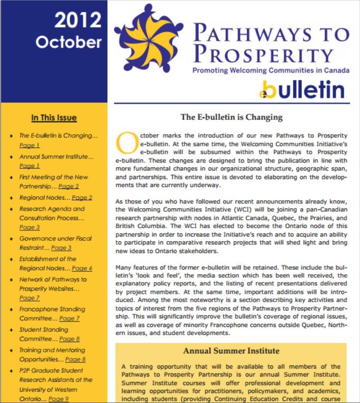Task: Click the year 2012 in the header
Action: (x=77, y=20)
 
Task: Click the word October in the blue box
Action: (x=69, y=41)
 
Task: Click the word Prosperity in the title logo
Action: (x=262, y=54)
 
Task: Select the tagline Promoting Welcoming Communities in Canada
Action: (x=269, y=70)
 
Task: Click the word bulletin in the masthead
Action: (x=307, y=90)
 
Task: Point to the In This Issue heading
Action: (x=54, y=118)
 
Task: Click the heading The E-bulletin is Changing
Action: (x=232, y=117)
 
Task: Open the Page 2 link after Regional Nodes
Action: (x=82, y=198)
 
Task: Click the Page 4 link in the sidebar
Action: (x=82, y=268)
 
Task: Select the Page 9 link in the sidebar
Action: (x=59, y=399)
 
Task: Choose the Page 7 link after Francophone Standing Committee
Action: (x=69, y=318)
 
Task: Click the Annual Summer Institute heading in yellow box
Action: (x=231, y=350)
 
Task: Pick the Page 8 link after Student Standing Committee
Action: (x=69, y=339)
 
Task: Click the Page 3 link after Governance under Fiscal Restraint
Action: (x=61, y=248)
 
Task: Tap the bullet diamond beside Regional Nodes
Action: (x=11, y=198)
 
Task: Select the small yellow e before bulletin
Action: (x=263, y=94)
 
